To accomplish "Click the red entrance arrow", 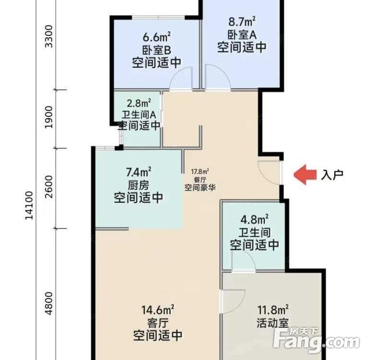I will coord(305,175).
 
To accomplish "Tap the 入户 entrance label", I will coord(332,175).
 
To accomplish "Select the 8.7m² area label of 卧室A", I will coord(241,21).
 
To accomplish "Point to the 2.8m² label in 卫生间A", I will coord(139,103).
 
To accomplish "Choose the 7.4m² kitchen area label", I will coord(138,171).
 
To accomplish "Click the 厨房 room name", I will coord(138,185).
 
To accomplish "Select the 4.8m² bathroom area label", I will coord(254,220).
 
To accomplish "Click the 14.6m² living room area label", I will coord(157,309).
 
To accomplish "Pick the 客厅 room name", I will coord(157,322).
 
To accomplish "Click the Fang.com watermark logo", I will coord(317,341).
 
